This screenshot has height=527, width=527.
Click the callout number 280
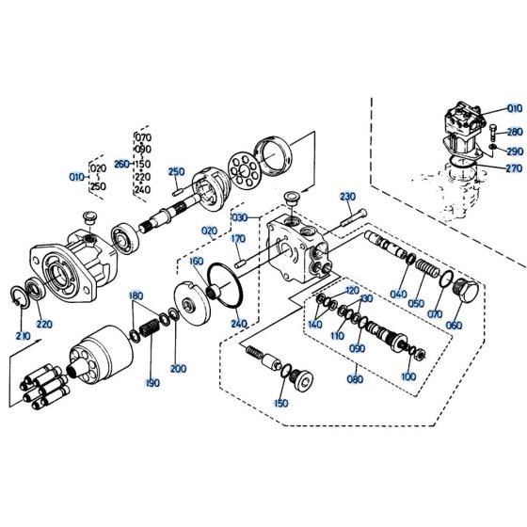(x=514, y=132)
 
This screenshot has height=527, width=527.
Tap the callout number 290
(x=514, y=151)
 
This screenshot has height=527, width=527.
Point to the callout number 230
(x=347, y=197)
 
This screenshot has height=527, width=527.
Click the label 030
(x=238, y=216)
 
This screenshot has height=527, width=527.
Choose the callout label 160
(x=196, y=261)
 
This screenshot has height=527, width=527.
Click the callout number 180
(x=136, y=295)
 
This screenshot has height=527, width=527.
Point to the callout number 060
(x=455, y=325)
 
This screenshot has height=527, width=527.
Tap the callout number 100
(x=407, y=376)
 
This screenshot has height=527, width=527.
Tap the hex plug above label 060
(x=464, y=292)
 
